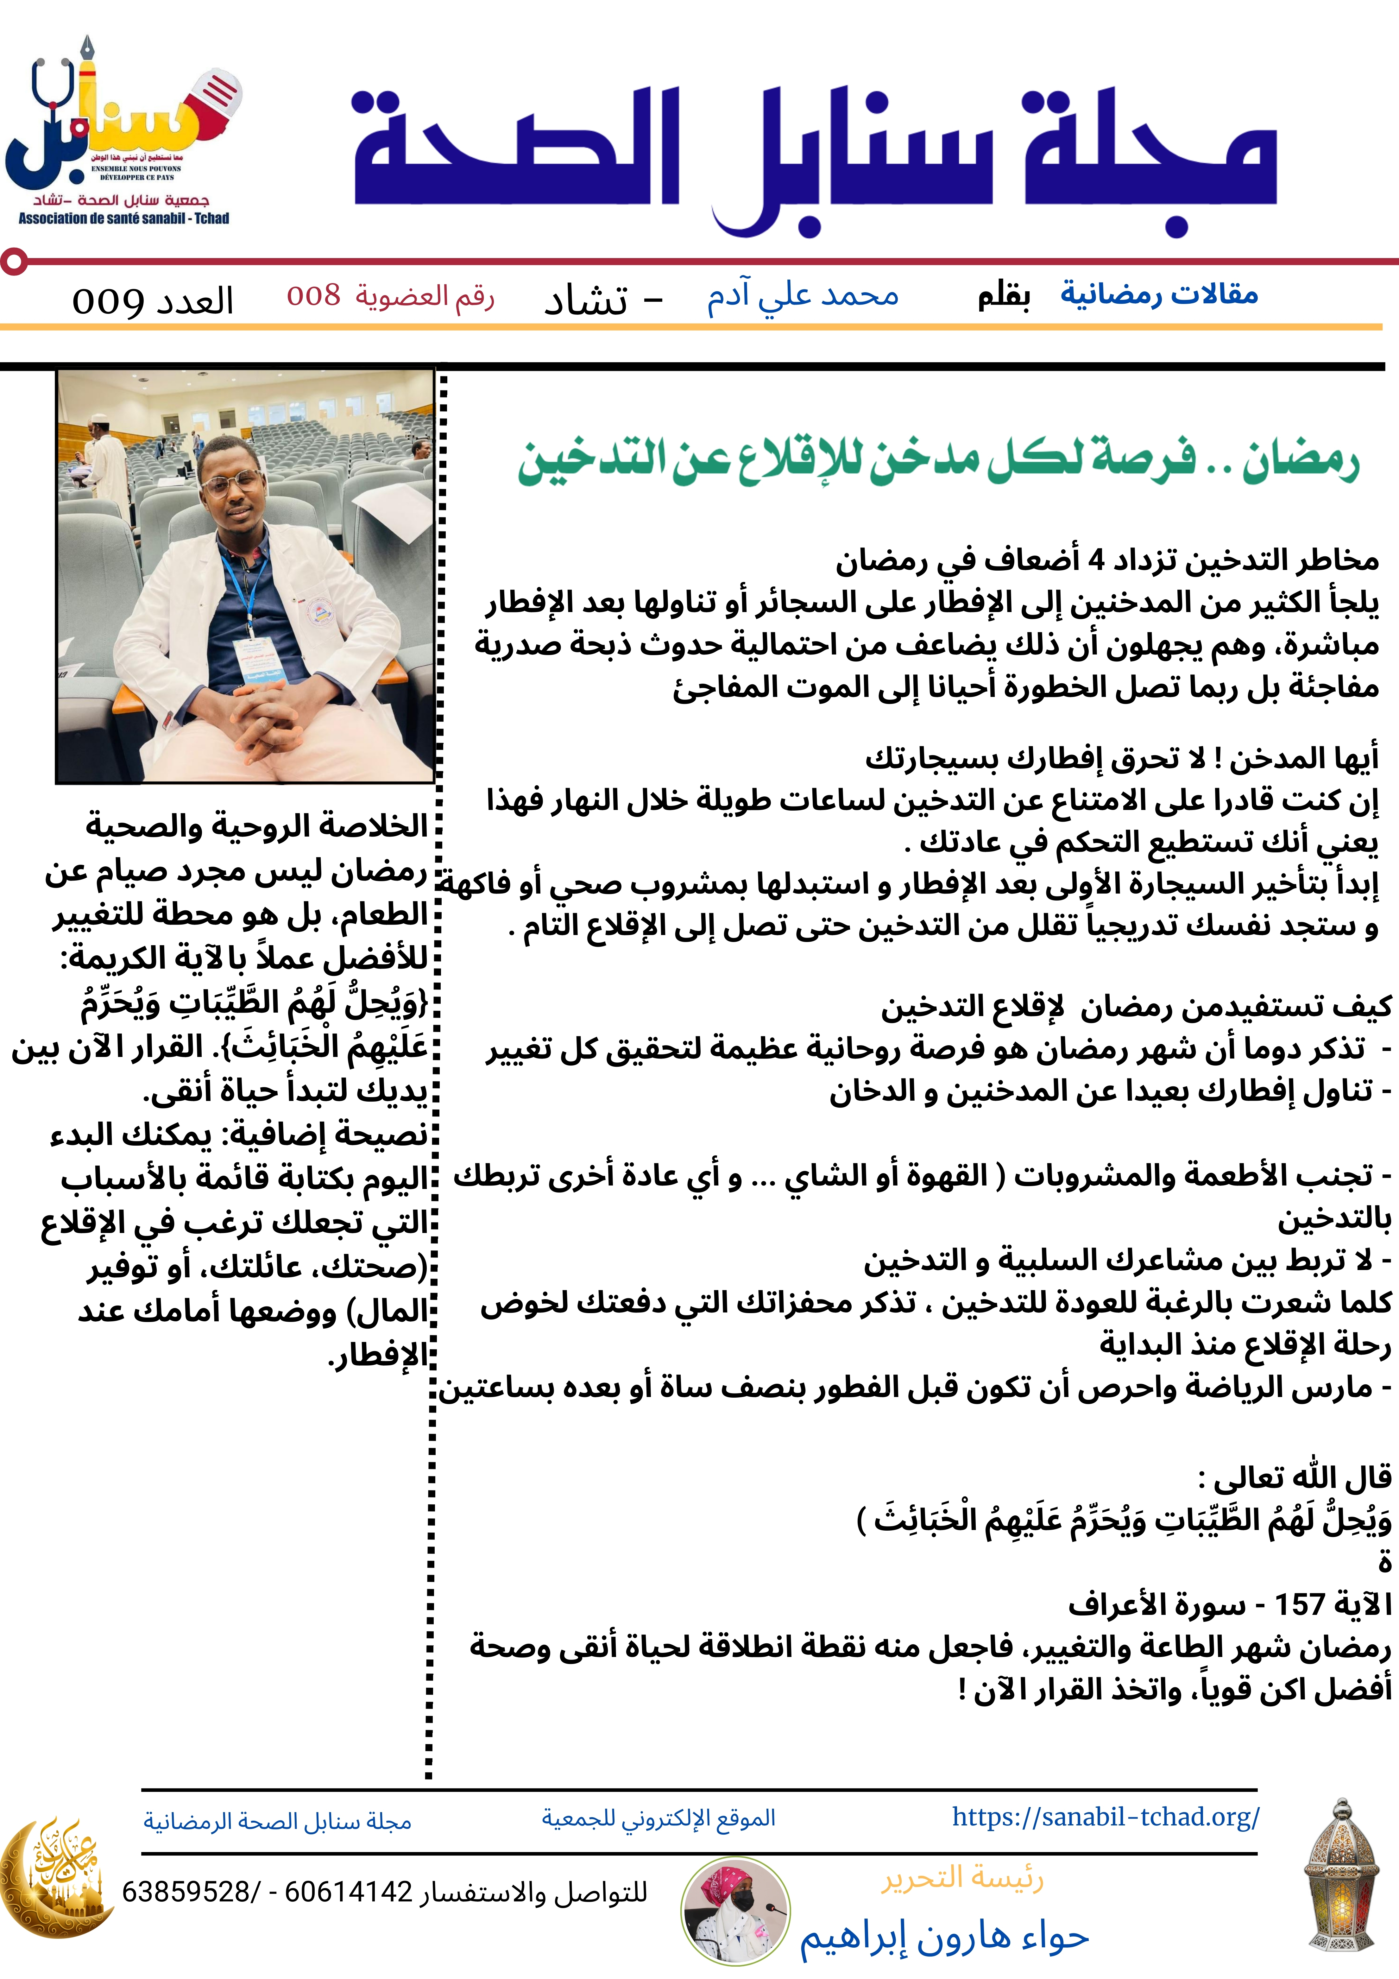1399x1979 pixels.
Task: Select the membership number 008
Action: [314, 296]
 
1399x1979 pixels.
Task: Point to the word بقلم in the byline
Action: [1003, 296]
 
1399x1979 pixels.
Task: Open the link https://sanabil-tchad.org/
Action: [1105, 1817]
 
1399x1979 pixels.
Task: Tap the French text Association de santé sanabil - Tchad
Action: [124, 219]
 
